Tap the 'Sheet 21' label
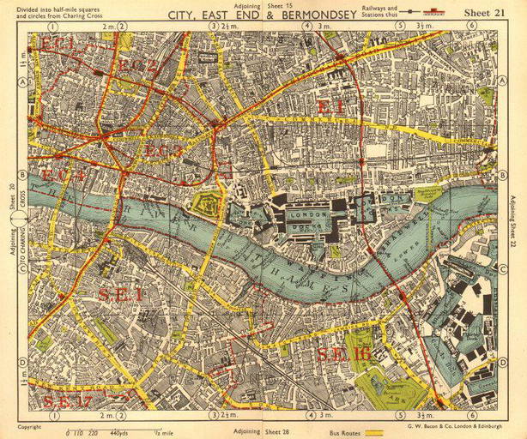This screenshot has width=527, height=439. [488, 13]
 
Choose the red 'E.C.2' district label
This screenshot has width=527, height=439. [138, 66]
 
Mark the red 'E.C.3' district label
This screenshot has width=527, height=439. [163, 151]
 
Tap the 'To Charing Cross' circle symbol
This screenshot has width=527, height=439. [20, 220]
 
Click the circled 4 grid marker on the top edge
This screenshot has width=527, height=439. [306, 27]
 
